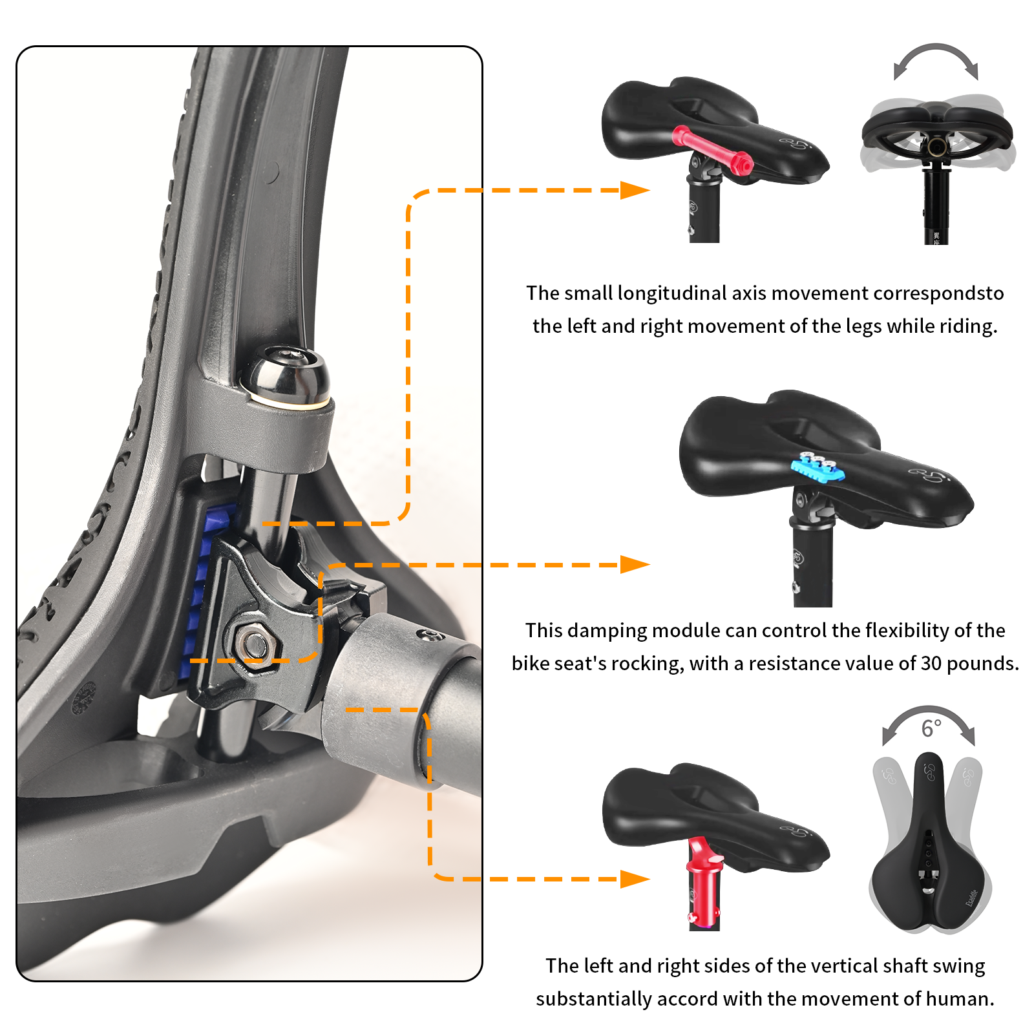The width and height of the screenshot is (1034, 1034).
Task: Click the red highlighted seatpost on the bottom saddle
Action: click(703, 885)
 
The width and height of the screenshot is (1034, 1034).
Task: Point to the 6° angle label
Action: click(931, 728)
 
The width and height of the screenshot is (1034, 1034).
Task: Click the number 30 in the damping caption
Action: click(931, 664)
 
